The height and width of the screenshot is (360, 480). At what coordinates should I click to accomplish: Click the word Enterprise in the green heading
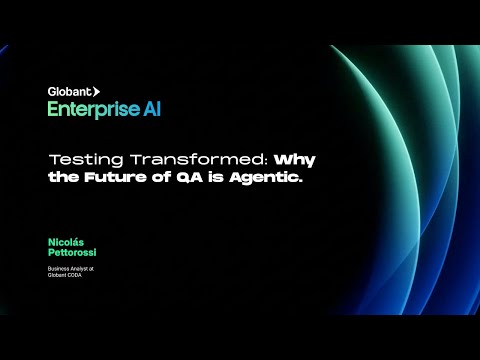87,109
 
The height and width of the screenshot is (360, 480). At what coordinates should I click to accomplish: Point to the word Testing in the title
78,159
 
